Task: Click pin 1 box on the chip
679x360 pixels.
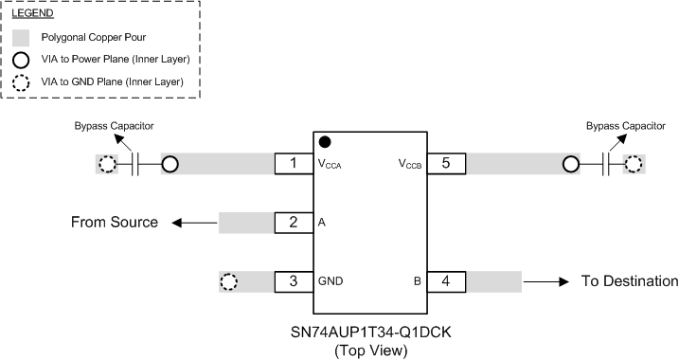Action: click(295, 164)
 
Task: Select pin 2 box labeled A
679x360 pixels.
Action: click(295, 223)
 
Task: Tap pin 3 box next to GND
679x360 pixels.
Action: click(295, 281)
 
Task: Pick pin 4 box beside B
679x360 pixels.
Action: click(446, 281)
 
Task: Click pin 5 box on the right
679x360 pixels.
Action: click(446, 164)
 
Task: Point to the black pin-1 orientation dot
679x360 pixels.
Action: click(325, 142)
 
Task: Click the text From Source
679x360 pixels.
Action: click(115, 223)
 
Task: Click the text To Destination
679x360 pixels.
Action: click(630, 281)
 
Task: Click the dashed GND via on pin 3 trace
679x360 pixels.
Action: click(228, 281)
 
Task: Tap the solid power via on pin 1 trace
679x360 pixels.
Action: click(170, 164)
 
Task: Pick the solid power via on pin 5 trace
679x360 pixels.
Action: click(571, 164)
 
